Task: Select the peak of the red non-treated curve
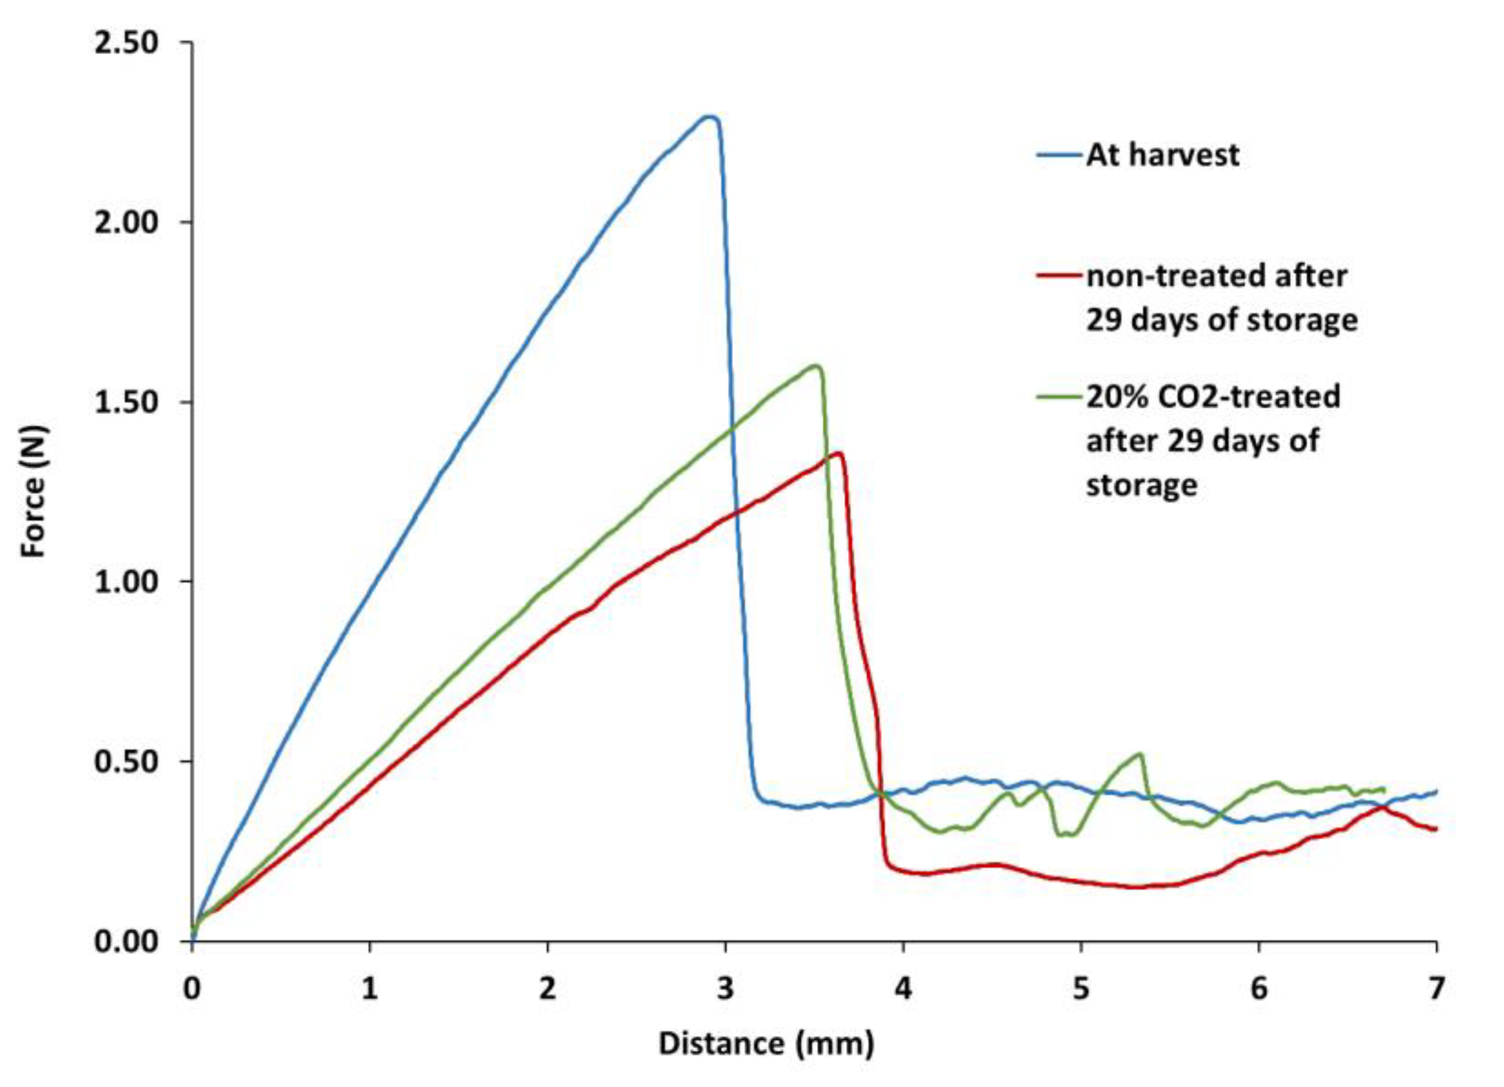tap(839, 453)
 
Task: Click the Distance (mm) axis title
tap(766, 1043)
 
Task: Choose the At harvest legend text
tap(1162, 155)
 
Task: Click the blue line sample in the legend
tap(1060, 155)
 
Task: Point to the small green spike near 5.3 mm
tap(1139, 754)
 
